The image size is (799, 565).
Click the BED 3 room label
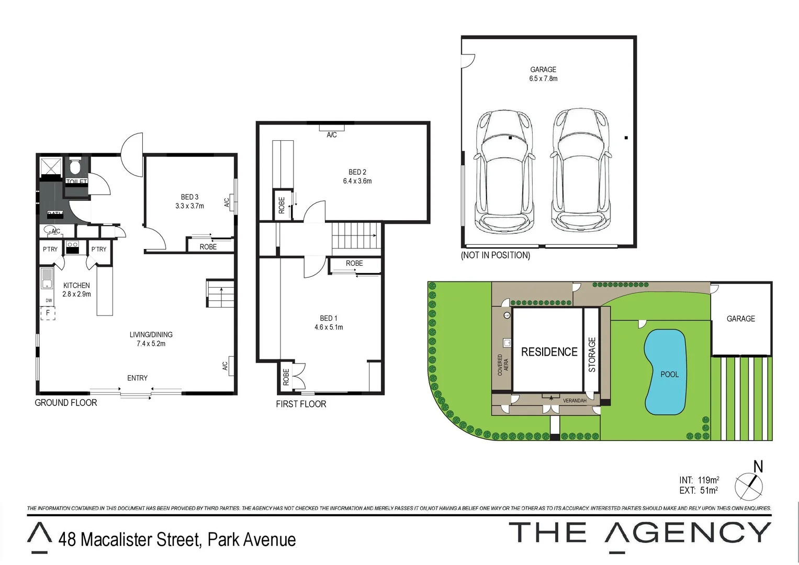pyautogui.click(x=189, y=201)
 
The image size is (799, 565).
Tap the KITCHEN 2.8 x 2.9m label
pyautogui.click(x=76, y=289)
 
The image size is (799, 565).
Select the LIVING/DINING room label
pyautogui.click(x=151, y=339)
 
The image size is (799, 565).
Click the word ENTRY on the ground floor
pyautogui.click(x=137, y=378)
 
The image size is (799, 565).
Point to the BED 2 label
pyautogui.click(x=357, y=176)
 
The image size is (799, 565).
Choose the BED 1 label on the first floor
pyautogui.click(x=329, y=322)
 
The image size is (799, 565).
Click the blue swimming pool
pyautogui.click(x=665, y=371)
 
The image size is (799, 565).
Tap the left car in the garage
pyautogui.click(x=504, y=172)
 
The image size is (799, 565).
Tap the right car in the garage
pyautogui.click(x=580, y=172)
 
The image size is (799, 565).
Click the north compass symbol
pyautogui.click(x=749, y=486)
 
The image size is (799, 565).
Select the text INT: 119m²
pyautogui.click(x=699, y=480)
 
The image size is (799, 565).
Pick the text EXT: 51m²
pyautogui.click(x=699, y=490)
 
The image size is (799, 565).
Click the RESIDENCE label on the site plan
pyautogui.click(x=549, y=352)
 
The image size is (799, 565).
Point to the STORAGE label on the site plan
pyautogui.click(x=592, y=355)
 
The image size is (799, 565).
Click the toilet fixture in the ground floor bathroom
pyautogui.click(x=75, y=167)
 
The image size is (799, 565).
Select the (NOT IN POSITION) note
pyautogui.click(x=495, y=255)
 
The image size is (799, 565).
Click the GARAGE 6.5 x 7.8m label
pyautogui.click(x=543, y=74)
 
